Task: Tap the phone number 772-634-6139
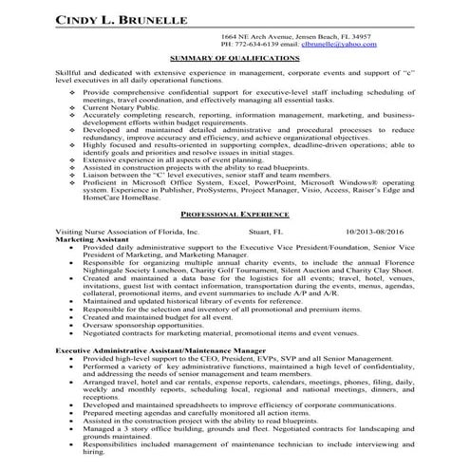256,44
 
